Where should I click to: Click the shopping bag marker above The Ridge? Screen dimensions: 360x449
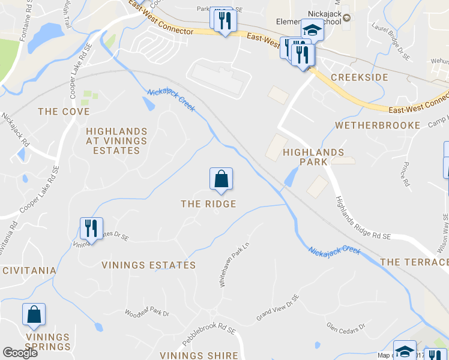(x=221, y=178)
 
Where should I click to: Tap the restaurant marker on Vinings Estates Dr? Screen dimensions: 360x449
(x=91, y=228)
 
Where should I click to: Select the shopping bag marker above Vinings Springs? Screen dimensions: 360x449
(x=34, y=314)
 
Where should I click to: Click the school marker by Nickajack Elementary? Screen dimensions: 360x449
(x=312, y=29)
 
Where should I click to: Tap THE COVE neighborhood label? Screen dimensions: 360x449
(x=64, y=112)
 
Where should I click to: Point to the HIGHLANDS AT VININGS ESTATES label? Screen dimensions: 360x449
(x=116, y=141)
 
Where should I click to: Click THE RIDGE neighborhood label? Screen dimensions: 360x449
(x=208, y=204)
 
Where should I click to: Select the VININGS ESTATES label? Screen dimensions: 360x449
(x=148, y=265)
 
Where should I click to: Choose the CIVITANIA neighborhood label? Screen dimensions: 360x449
(x=28, y=271)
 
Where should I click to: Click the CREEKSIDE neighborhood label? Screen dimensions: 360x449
(x=360, y=77)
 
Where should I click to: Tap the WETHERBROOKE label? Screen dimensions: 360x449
(x=378, y=125)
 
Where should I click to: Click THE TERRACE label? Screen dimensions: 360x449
(x=414, y=262)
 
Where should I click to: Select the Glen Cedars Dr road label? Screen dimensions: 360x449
(x=345, y=327)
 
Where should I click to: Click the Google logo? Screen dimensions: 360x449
(x=20, y=353)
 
